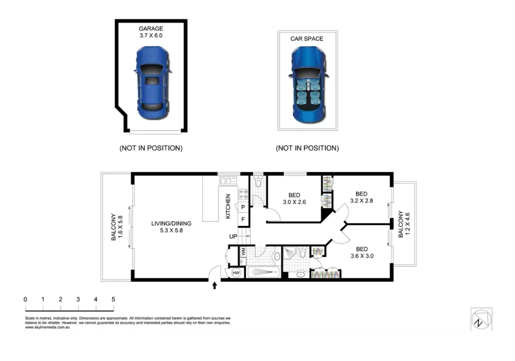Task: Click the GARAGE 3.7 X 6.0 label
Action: [151, 32]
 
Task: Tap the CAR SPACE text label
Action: [306, 38]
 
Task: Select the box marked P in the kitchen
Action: [243, 207]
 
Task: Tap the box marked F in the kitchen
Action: [243, 219]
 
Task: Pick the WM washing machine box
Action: [243, 251]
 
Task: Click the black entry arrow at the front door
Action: [215, 285]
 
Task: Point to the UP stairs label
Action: [233, 236]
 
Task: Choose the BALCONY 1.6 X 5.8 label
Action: [117, 227]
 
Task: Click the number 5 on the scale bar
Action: [113, 299]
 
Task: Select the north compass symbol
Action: [481, 318]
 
